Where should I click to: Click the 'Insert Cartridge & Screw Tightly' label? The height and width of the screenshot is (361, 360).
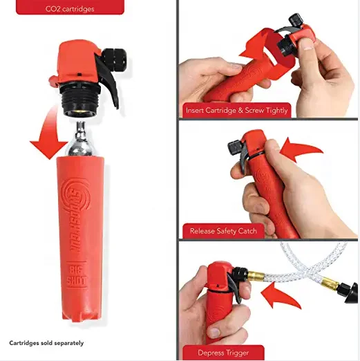point(237,110)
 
